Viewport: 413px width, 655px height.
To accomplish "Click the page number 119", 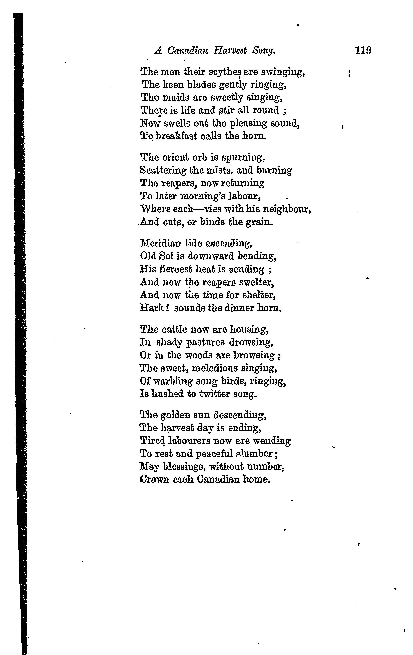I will coord(363,51).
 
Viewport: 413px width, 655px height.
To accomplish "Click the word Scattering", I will coord(163,171).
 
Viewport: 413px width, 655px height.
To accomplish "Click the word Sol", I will coord(166,256).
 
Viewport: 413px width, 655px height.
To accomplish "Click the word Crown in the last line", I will coord(154,480).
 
